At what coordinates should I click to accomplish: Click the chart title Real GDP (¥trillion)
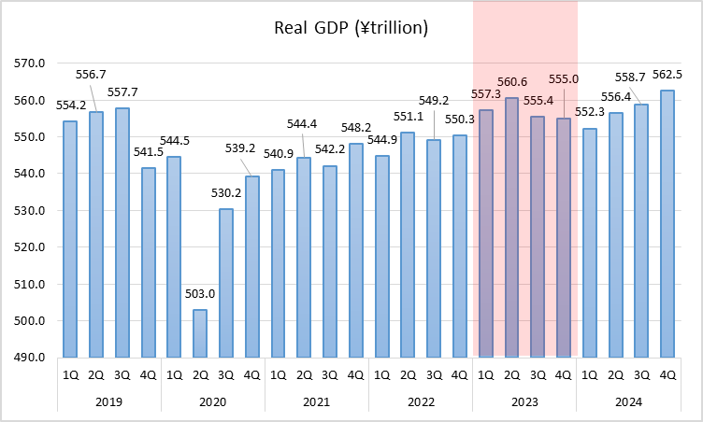pyautogui.click(x=351, y=28)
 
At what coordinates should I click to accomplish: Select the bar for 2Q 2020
pyautogui.click(x=200, y=333)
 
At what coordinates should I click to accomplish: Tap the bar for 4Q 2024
pyautogui.click(x=667, y=224)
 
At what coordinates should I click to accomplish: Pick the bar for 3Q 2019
pyautogui.click(x=122, y=232)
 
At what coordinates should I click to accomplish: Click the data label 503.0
pyautogui.click(x=200, y=294)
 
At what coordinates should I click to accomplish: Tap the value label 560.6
pyautogui.click(x=512, y=81)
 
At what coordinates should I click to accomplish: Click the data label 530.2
pyautogui.click(x=226, y=194)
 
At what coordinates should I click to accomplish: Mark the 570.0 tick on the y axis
pyautogui.click(x=31, y=63)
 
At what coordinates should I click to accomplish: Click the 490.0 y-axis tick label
pyautogui.click(x=31, y=358)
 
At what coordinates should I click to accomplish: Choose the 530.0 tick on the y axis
pyautogui.click(x=31, y=211)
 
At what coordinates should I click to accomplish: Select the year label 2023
pyautogui.click(x=524, y=402)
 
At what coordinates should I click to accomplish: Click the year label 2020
pyautogui.click(x=213, y=402)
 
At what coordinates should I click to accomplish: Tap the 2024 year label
pyautogui.click(x=628, y=402)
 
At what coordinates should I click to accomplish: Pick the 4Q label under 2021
pyautogui.click(x=355, y=375)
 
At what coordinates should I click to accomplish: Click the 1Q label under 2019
pyautogui.click(x=70, y=375)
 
